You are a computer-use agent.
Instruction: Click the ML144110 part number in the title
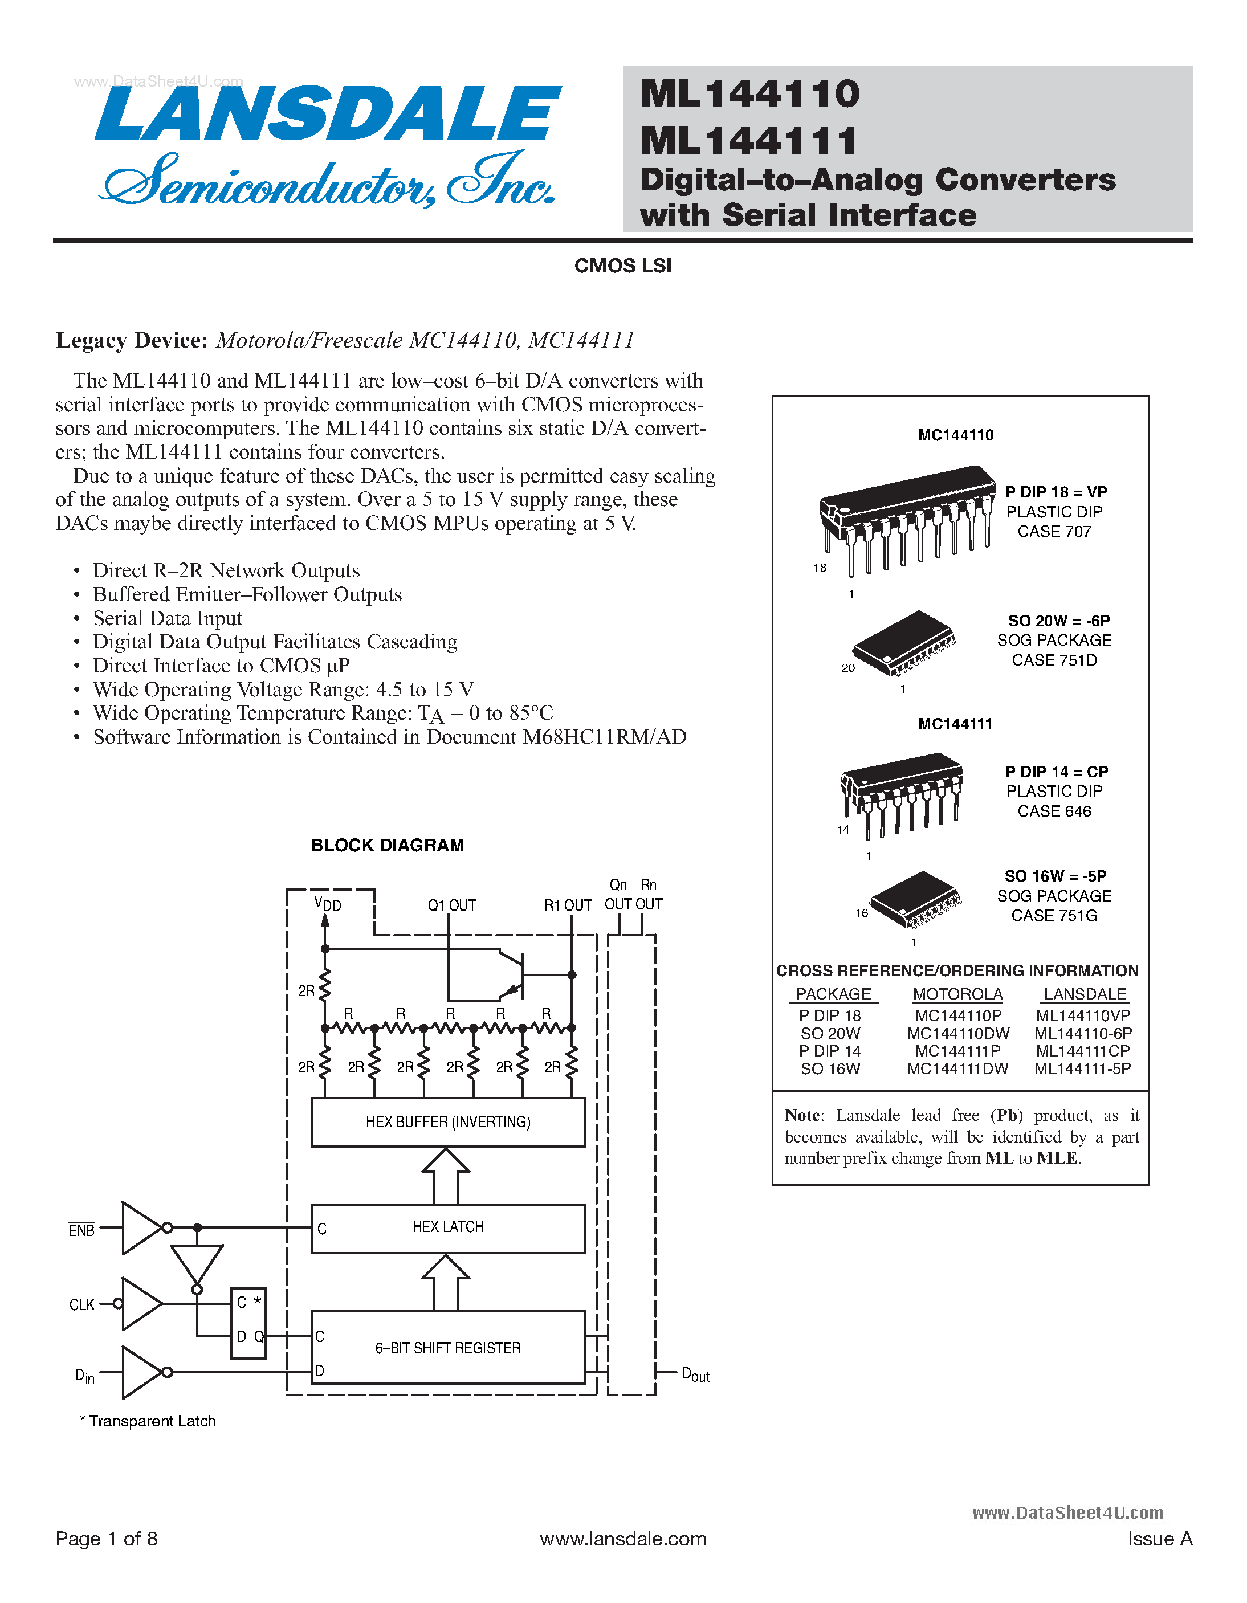[749, 94]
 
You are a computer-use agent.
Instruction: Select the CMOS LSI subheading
[622, 266]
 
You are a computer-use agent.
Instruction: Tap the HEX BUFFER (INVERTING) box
[448, 1121]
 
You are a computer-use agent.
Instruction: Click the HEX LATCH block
[448, 1227]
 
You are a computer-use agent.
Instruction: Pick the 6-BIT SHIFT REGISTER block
[448, 1348]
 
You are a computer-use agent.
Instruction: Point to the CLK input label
[81, 1304]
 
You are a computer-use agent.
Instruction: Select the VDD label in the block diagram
[327, 904]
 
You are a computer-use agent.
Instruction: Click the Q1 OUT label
[451, 905]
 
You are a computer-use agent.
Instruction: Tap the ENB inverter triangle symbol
[142, 1227]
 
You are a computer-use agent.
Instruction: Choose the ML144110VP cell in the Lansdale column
[1083, 1016]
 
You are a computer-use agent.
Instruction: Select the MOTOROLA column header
[957, 994]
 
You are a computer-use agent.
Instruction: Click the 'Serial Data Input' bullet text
[168, 618]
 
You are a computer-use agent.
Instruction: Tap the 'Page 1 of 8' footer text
[107, 1539]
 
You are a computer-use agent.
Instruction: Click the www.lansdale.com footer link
[622, 1539]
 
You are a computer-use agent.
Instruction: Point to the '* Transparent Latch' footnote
[148, 1421]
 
